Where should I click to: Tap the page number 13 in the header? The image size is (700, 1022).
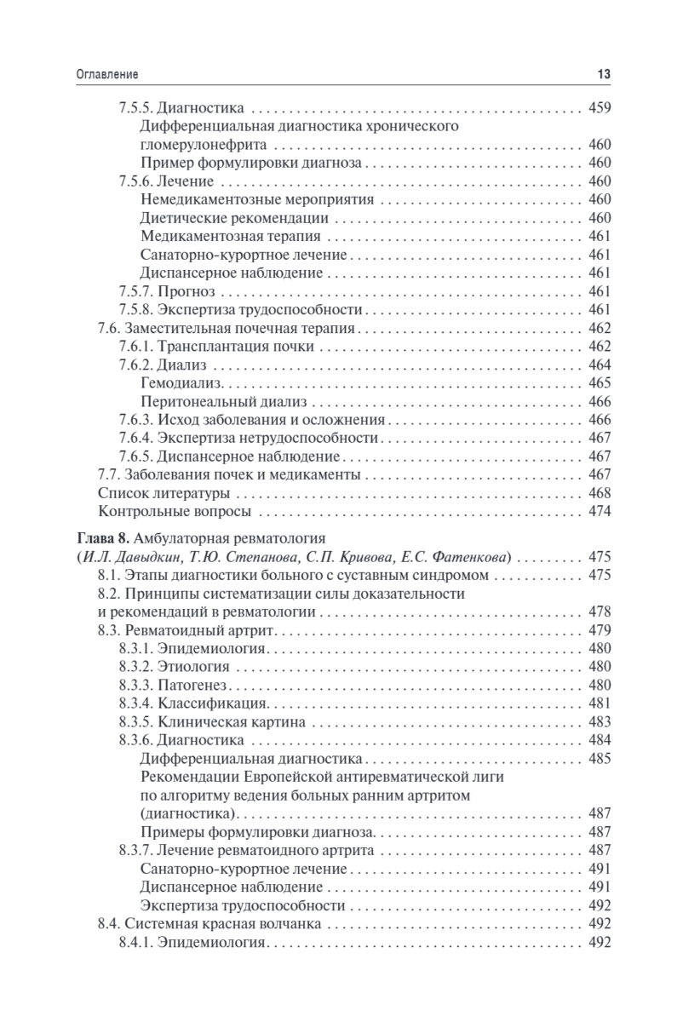tap(603, 75)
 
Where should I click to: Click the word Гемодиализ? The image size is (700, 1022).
tap(178, 383)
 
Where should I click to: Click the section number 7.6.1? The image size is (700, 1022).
tap(136, 347)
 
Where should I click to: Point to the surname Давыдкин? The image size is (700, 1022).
tap(144, 557)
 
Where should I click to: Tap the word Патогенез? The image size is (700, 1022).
tap(194, 685)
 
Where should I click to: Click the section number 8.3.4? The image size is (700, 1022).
tap(136, 703)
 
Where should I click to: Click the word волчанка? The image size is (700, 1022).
tap(289, 924)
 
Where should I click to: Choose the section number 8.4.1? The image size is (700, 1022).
tap(136, 942)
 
